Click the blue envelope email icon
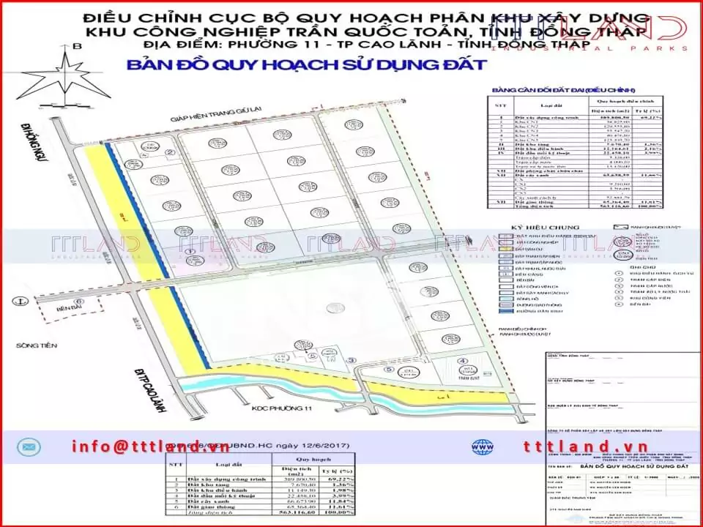coord(30,446)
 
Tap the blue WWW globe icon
coord(480,446)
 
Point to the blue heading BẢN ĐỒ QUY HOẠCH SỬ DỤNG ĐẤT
coord(306,64)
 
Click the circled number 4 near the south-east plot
coord(461,361)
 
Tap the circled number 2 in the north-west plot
coord(169,153)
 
